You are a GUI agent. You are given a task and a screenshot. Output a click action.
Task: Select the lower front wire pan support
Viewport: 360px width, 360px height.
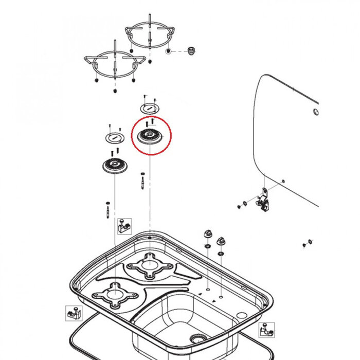[x=113, y=64]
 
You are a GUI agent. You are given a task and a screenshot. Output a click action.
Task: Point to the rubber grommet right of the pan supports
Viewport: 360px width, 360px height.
[x=192, y=50]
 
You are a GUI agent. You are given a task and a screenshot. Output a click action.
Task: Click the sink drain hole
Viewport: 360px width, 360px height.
[x=196, y=338]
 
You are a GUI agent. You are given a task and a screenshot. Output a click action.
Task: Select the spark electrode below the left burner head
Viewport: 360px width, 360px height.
[x=107, y=209]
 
